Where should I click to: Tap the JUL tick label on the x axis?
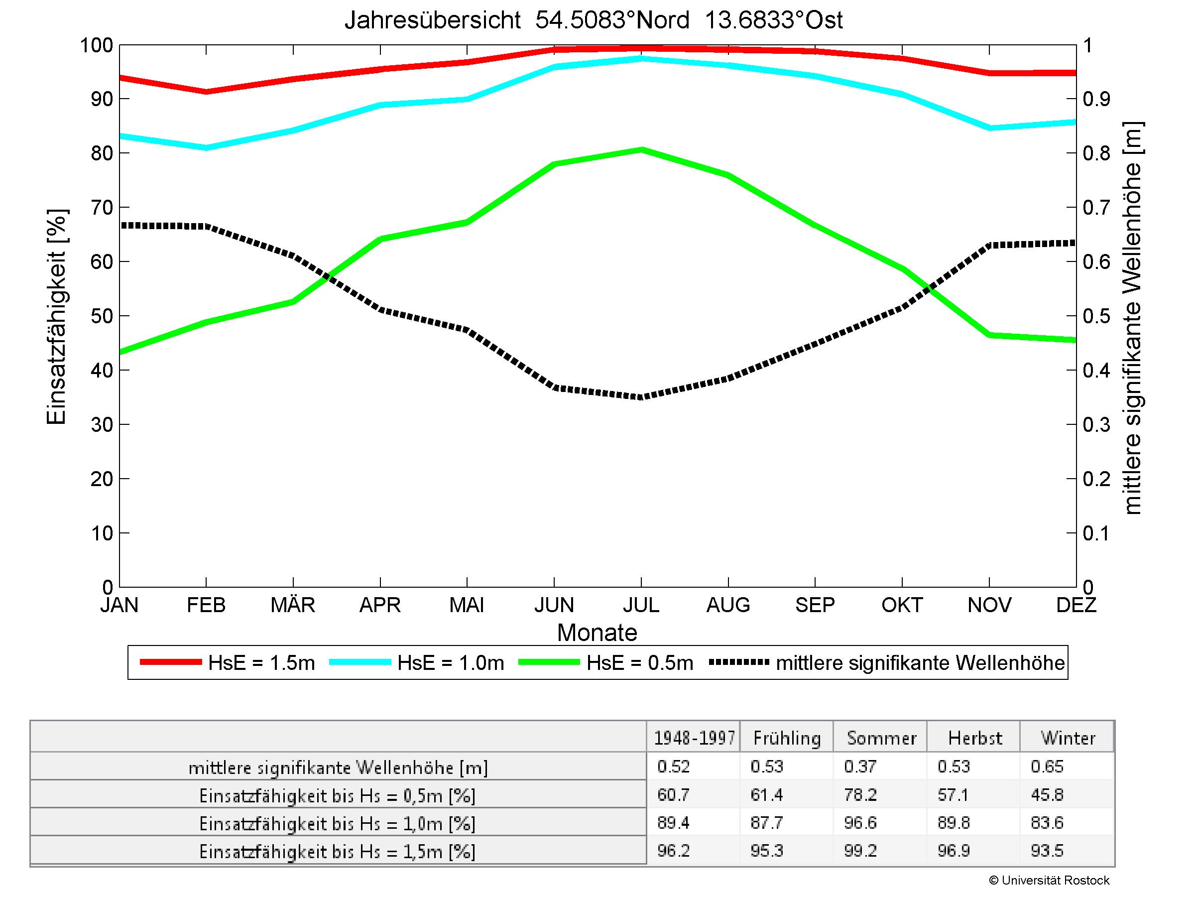(x=641, y=605)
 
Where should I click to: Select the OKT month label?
(x=902, y=605)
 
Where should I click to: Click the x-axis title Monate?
(x=597, y=633)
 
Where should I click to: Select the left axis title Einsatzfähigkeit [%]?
(x=56, y=317)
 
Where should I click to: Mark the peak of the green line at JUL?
(x=641, y=149)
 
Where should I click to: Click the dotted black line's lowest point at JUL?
(x=641, y=397)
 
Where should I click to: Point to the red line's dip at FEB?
(x=206, y=91)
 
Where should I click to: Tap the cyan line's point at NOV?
(x=989, y=128)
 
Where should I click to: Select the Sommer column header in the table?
(x=881, y=738)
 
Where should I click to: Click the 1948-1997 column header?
(x=694, y=738)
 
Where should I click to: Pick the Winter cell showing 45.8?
(x=1047, y=795)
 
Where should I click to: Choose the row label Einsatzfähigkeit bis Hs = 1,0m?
(x=338, y=823)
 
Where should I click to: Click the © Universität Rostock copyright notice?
(x=1049, y=880)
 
